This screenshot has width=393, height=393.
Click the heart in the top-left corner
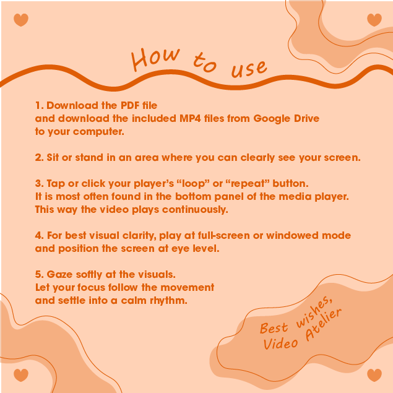21,20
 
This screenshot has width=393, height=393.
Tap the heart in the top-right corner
374,20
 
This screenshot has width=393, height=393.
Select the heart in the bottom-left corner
21,375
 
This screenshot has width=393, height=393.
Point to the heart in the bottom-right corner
374,375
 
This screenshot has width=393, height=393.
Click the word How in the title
155,59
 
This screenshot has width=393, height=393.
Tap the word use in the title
249,69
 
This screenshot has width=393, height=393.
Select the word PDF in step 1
130,105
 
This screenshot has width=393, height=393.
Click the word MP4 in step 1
190,118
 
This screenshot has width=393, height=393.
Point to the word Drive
307,118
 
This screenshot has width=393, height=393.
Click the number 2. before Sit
40,157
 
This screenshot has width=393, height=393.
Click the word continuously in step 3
195,210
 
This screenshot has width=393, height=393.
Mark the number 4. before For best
40,236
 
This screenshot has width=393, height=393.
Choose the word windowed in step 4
292,236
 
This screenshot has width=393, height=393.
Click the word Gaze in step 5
59,274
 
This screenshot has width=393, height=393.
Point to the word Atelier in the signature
324,324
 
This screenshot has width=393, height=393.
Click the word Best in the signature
274,328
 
